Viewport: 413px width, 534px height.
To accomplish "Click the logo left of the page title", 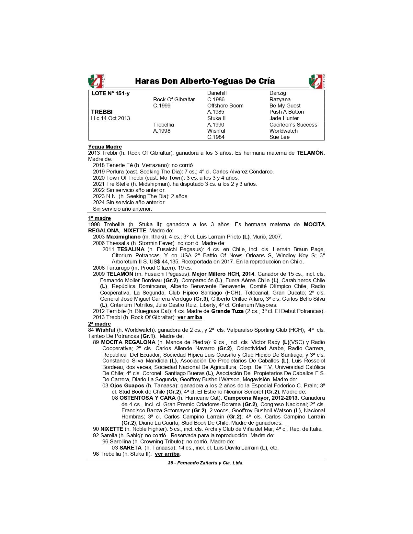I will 96,81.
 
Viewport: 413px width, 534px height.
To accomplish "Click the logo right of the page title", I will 317,81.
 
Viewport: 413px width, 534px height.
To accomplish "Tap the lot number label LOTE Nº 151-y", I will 110,94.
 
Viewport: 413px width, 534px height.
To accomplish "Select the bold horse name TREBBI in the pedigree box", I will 102,112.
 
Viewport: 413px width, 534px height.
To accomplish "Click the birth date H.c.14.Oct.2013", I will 110,118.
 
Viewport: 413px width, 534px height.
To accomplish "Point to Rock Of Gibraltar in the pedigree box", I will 174,100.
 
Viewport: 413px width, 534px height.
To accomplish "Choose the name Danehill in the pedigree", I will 217,93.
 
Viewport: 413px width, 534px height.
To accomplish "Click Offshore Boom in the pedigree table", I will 225,106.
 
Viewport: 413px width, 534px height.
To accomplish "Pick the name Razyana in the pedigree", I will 280,100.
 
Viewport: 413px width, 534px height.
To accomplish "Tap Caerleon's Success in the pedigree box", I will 293,125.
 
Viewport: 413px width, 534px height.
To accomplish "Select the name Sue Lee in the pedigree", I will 280,137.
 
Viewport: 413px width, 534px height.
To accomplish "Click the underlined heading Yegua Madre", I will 105,147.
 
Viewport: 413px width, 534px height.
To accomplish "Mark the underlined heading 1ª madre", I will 99,218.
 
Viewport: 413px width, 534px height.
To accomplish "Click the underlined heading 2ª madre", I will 99,324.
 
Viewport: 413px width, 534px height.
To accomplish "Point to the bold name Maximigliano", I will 123,237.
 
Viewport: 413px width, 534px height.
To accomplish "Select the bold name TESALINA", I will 131,250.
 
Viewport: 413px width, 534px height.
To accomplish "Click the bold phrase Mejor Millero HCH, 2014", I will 223,274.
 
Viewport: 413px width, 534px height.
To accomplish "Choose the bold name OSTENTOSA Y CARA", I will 147,398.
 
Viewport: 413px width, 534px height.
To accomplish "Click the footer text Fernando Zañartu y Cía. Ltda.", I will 210,463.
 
